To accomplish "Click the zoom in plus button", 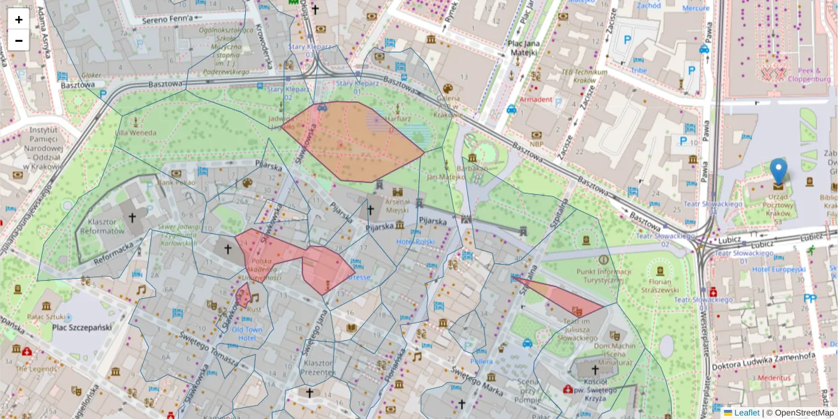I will [19, 20].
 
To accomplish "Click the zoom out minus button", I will [19, 41].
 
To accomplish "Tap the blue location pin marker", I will [778, 171].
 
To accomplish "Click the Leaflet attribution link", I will [747, 413].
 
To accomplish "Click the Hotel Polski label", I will [416, 242].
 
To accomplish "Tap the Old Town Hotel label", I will [248, 333].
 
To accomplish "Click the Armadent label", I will [536, 100].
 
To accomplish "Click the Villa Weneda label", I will [135, 133].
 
